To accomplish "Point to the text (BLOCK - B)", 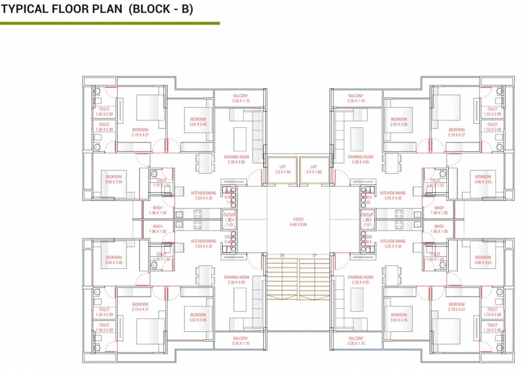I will pyautogui.click(x=161, y=10).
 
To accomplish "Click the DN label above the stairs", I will pyautogui.click(x=282, y=256).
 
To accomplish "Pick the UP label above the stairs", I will pyautogui.click(x=315, y=256).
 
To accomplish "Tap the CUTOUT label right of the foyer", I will pyautogui.click(x=367, y=215).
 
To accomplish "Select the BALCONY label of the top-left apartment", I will pyautogui.click(x=240, y=96).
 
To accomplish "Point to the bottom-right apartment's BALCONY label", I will pyautogui.click(x=356, y=339).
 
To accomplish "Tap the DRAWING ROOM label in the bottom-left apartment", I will pyautogui.click(x=236, y=277).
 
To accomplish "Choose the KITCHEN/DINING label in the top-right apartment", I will pyautogui.click(x=393, y=193).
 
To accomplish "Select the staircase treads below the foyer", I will pyautogui.click(x=298, y=279).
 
